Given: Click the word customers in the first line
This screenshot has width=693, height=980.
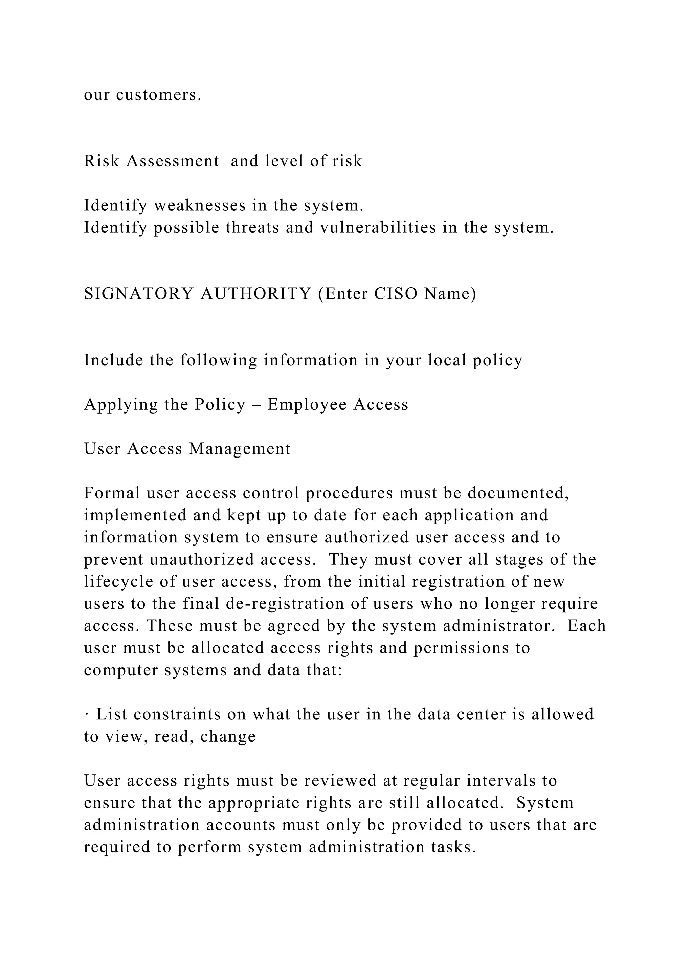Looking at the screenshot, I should [x=158, y=95].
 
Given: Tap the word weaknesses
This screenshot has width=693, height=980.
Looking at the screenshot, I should [x=199, y=206].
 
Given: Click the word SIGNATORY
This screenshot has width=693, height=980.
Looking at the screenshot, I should [x=139, y=294].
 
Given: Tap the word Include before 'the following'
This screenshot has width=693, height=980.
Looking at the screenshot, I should [x=113, y=361].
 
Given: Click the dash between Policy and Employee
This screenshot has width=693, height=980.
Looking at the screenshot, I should [x=257, y=405].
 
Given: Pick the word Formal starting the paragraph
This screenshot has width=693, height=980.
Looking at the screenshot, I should [x=112, y=493].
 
